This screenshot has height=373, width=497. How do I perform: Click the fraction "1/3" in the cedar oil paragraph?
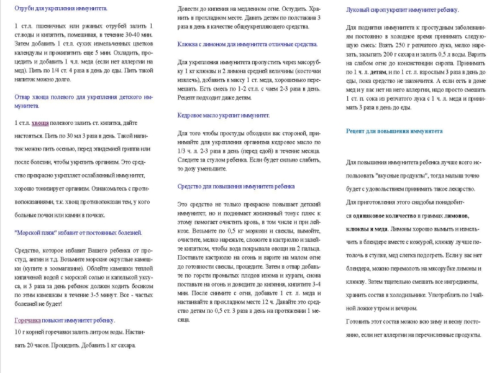tap(183, 150)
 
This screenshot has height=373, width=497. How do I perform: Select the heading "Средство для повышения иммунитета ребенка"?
tap(236, 186)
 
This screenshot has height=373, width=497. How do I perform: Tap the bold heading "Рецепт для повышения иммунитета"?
tap(394, 131)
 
